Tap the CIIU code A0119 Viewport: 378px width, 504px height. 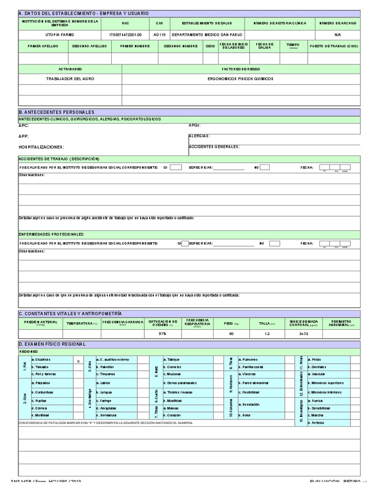point(159,35)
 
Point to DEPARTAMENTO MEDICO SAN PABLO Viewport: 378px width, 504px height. point(206,35)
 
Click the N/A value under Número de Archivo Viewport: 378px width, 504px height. point(337,35)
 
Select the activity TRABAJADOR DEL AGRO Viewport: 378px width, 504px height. point(69,79)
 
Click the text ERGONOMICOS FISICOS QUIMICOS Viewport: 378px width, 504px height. point(241,79)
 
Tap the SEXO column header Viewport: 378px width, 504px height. point(210,46)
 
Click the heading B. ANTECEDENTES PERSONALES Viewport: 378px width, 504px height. point(56,112)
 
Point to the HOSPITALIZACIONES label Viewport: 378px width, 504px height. point(41,147)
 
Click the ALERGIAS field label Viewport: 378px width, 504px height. point(199,136)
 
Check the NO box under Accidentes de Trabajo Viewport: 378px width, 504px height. point(265,167)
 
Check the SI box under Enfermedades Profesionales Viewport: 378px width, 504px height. point(185,243)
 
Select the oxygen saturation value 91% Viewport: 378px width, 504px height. point(162,334)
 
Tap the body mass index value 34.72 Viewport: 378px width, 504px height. point(304,334)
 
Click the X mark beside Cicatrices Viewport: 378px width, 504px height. point(78,361)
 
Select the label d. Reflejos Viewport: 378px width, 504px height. point(316,423)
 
